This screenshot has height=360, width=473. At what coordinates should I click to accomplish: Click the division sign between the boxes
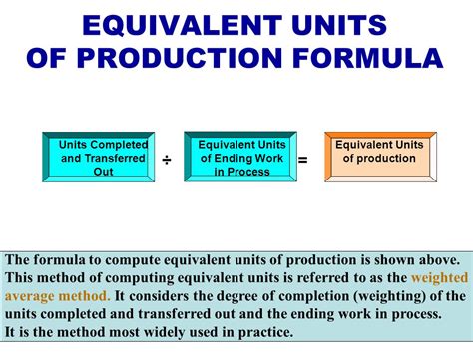[x=166, y=159]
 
